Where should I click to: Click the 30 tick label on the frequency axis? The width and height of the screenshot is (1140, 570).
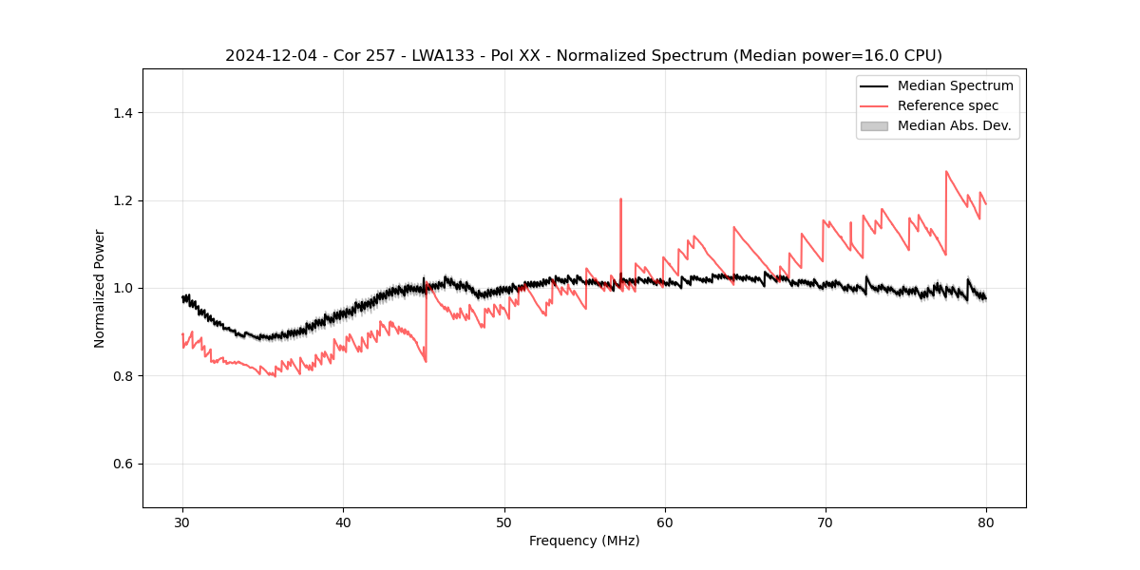(x=182, y=522)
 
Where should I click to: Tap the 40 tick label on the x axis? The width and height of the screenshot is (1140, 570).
(x=343, y=522)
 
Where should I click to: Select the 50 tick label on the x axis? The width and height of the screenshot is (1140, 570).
(x=504, y=522)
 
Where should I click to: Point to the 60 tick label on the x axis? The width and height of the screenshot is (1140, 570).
(x=665, y=522)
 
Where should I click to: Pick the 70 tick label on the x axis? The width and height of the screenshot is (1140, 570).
(x=826, y=522)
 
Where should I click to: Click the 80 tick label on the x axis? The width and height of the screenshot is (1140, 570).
(x=986, y=522)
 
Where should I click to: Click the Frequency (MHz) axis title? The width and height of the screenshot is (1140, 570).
(x=584, y=541)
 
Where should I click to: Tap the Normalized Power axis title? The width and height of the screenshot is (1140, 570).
(x=100, y=288)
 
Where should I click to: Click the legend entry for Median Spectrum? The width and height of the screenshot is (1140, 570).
(x=955, y=85)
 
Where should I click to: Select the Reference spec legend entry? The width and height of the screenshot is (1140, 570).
(x=948, y=105)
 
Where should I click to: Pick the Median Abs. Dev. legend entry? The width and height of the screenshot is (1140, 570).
(x=954, y=125)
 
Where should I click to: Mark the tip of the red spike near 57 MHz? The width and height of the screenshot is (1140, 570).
(x=620, y=199)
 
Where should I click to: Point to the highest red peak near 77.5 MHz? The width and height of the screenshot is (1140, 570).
(x=946, y=171)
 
